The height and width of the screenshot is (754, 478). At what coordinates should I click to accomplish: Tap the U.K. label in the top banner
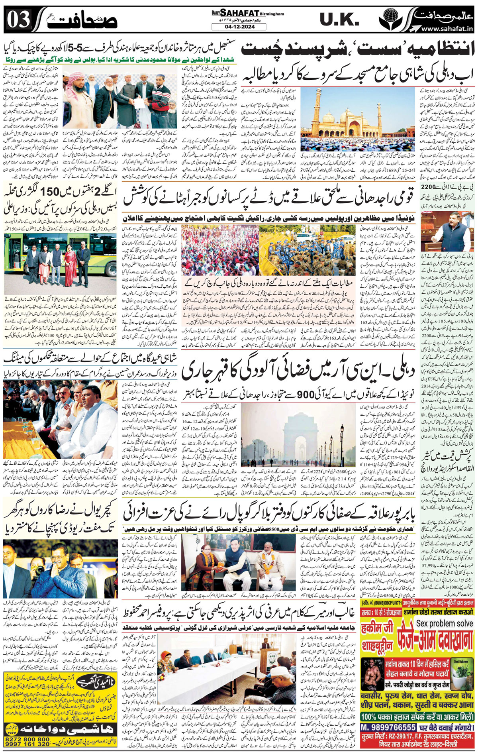pyautogui.click(x=340, y=19)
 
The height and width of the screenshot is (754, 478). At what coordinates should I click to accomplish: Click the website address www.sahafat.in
pyautogui.click(x=447, y=29)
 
